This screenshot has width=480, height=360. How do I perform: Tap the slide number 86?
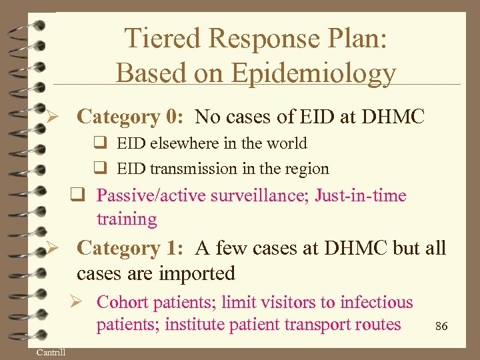point(441,326)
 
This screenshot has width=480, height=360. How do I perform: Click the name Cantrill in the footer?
point(51,352)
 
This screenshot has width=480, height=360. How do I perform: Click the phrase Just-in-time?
point(361,195)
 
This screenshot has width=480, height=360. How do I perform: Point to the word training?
point(127,219)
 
